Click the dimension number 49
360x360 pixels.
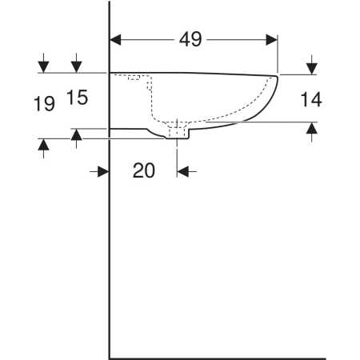(190, 39)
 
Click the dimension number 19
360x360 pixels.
(44, 104)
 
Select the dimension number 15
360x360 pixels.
(77, 98)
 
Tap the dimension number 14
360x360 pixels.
(311, 99)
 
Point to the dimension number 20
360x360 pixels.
(144, 170)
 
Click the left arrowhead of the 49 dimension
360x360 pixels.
(115, 40)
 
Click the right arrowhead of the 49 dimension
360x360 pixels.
(272, 40)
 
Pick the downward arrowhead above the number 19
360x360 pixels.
(43, 67)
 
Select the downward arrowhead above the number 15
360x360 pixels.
(77, 67)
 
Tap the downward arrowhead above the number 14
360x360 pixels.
(312, 69)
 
